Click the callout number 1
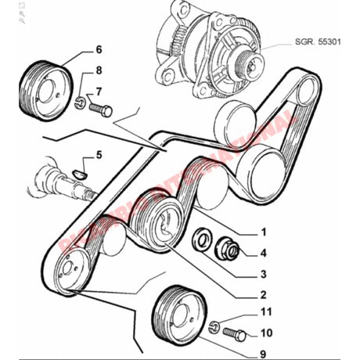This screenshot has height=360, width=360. (x=263, y=232)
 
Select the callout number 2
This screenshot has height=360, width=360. (x=263, y=295)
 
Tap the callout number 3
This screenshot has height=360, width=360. (x=263, y=274)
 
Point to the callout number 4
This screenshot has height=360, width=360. (x=263, y=252)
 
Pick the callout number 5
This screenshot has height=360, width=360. (x=99, y=156)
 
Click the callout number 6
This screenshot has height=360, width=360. (x=99, y=49)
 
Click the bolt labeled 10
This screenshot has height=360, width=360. (x=233, y=335)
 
